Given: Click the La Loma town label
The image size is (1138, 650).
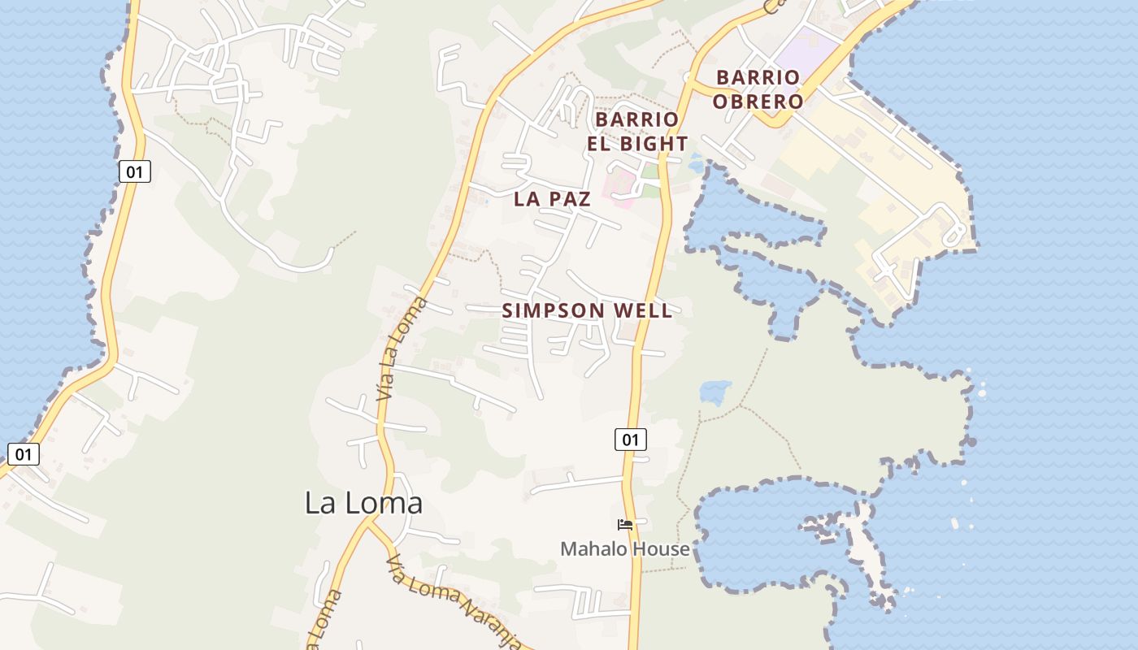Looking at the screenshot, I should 363,503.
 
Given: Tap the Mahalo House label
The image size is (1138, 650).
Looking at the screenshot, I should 624,549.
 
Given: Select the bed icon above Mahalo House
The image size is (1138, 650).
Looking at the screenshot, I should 625,525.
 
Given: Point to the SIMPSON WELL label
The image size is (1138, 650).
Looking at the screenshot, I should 587,310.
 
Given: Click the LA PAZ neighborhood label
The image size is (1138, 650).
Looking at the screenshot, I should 552,199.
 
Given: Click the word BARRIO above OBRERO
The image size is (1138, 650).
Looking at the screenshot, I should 758,78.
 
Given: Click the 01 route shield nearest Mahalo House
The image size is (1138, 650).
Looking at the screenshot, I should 630,440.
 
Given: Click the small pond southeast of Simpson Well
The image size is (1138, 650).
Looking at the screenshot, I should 715,392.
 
